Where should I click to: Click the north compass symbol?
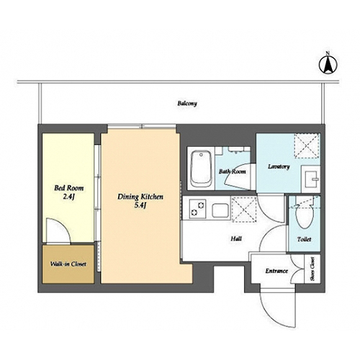click(x=328, y=63)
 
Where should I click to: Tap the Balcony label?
click(x=187, y=104)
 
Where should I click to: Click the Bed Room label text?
click(x=69, y=188)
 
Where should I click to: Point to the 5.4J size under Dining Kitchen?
click(x=140, y=205)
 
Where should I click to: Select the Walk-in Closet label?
click(x=68, y=264)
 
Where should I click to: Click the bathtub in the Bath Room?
click(x=202, y=169)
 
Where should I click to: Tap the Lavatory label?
click(x=279, y=166)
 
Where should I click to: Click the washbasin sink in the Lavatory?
click(x=311, y=179)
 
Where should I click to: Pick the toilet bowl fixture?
click(x=305, y=212)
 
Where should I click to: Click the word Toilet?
click(x=304, y=239)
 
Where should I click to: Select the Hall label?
click(x=236, y=239)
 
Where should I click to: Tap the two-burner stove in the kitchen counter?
click(x=197, y=209)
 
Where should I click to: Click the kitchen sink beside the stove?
click(x=220, y=210)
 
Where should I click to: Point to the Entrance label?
click(x=276, y=271)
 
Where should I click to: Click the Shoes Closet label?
click(x=312, y=269)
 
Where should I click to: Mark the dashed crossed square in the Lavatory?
click(x=307, y=145)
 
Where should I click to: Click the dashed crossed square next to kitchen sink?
click(x=244, y=209)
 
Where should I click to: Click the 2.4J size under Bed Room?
click(x=69, y=197)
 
